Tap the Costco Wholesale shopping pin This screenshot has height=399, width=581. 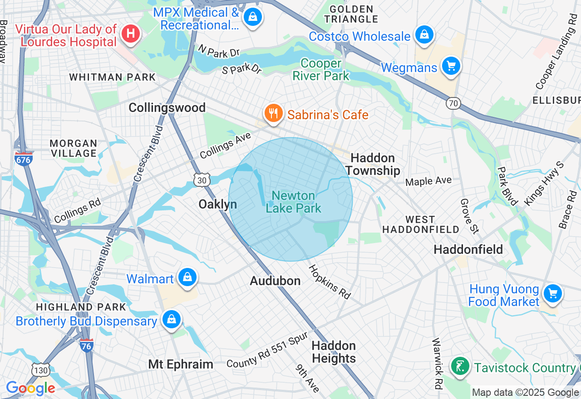click(424, 35)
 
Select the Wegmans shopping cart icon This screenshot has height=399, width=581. click(451, 67)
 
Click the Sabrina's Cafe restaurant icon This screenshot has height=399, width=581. click(273, 113)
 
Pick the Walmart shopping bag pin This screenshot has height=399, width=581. click(187, 277)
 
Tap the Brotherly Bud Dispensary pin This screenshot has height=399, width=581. click(172, 320)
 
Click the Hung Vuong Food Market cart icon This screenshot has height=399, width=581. click(552, 293)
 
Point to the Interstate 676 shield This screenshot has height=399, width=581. click(23, 159)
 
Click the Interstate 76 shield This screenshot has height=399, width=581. click(86, 345)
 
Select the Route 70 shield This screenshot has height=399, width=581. click(453, 103)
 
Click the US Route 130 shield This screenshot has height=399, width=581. click(40, 370)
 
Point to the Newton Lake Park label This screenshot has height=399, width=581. click(293, 202)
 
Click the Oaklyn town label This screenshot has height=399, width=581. click(218, 204)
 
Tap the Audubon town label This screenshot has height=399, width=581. click(275, 281)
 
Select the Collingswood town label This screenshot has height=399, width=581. click(167, 107)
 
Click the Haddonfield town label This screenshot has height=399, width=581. click(468, 249)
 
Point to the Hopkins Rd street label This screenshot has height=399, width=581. click(330, 282)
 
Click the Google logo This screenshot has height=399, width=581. click(30, 389)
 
